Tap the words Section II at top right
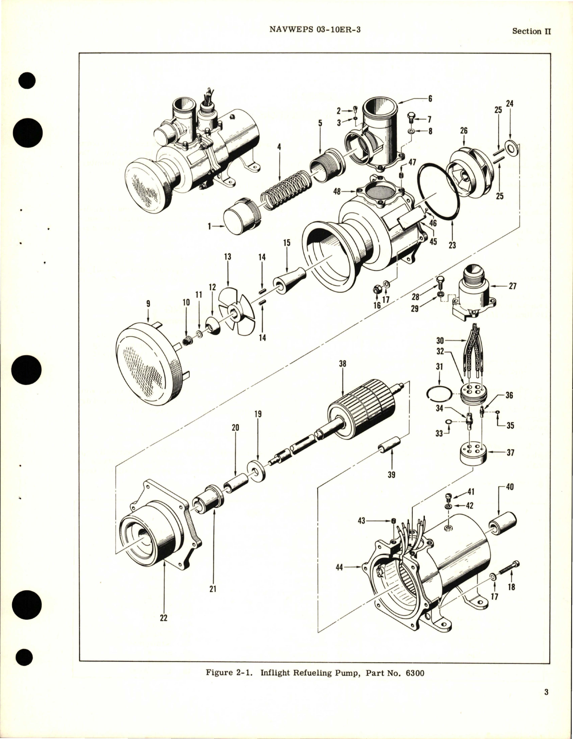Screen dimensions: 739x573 click(531, 31)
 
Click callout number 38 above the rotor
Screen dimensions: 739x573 click(343, 364)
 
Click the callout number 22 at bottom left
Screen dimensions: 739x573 click(164, 618)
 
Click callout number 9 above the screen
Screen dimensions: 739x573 click(149, 304)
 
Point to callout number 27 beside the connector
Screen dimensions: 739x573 click(512, 285)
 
